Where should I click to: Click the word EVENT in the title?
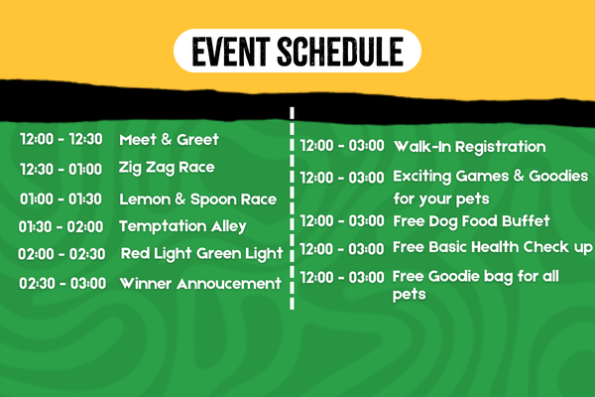click(x=231, y=52)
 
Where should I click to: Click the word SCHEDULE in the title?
click(x=340, y=52)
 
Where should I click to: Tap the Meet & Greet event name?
click(x=169, y=139)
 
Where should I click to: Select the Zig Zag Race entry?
click(x=167, y=168)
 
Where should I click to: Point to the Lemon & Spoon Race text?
click(x=197, y=199)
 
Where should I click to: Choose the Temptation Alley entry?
click(x=182, y=226)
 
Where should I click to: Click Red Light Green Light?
click(x=202, y=254)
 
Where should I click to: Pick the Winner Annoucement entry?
click(x=200, y=284)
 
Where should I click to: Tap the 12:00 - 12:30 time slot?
click(x=61, y=139)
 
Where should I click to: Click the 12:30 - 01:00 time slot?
click(x=61, y=169)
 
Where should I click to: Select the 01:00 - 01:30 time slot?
click(x=60, y=199)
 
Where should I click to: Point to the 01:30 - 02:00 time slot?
click(x=60, y=227)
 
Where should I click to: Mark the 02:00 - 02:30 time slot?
click(x=61, y=254)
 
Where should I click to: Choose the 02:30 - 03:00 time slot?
click(x=62, y=284)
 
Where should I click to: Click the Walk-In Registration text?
click(x=470, y=147)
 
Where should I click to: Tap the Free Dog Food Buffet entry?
click(x=472, y=221)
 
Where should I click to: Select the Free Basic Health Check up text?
click(x=493, y=247)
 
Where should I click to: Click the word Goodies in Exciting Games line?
click(x=558, y=176)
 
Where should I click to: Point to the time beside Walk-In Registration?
click(x=342, y=146)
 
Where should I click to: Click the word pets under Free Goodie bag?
click(x=409, y=295)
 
